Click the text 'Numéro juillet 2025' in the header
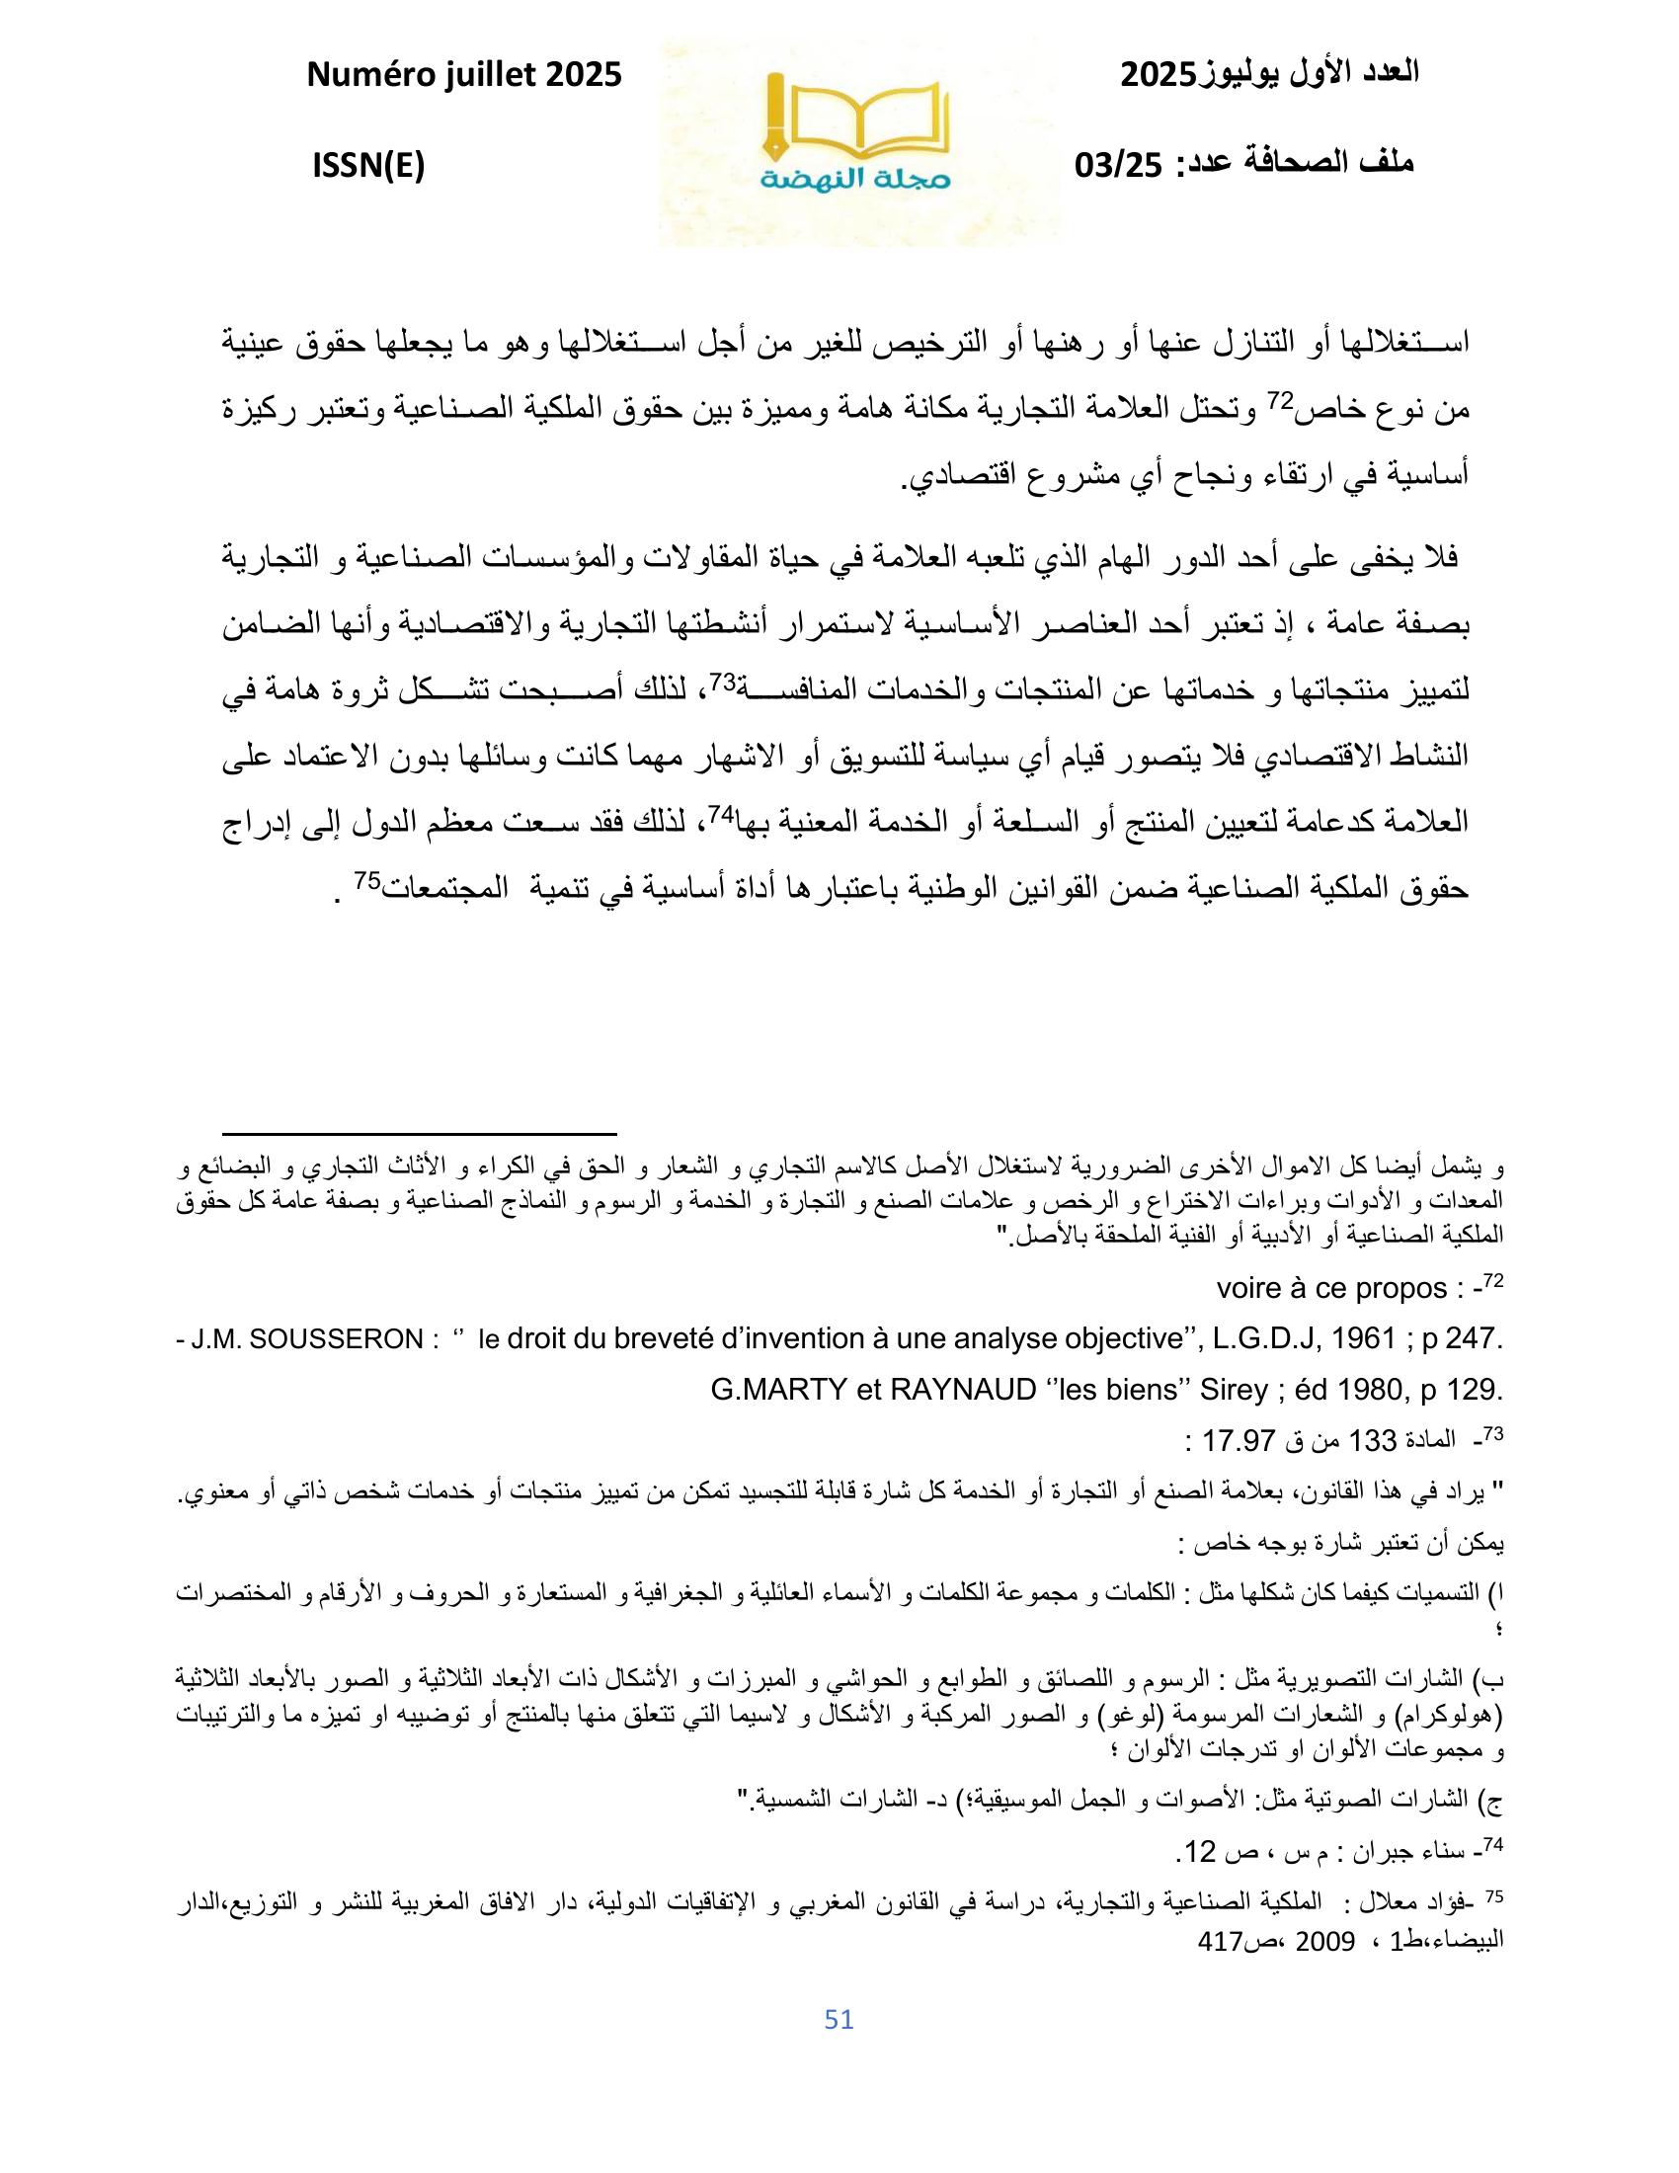(x=464, y=74)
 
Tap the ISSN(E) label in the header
(x=368, y=166)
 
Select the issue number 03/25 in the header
(x=1118, y=166)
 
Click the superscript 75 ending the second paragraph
(x=368, y=881)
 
